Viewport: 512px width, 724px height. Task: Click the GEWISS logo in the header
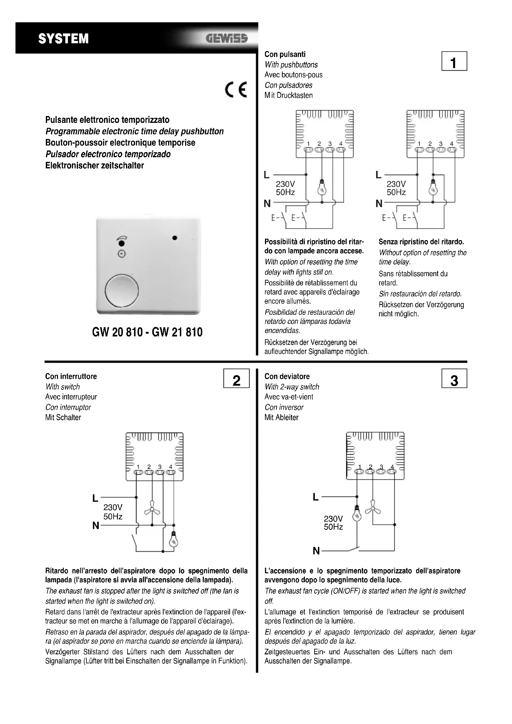(x=227, y=38)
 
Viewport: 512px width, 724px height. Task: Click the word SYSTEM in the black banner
(x=63, y=39)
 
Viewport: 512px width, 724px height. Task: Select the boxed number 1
(x=454, y=62)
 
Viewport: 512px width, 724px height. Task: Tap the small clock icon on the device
(x=121, y=254)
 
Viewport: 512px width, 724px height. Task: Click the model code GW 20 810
(x=117, y=332)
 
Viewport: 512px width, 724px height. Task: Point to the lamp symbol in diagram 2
(x=173, y=540)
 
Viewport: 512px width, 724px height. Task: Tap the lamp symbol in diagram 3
(x=357, y=515)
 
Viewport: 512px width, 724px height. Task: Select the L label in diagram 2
(x=95, y=499)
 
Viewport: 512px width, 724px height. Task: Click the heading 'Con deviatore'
(x=287, y=376)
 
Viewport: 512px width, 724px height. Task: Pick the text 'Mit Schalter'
(x=63, y=418)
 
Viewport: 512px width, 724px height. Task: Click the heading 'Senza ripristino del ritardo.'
(x=421, y=242)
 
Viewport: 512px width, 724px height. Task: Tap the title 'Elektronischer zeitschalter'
(x=95, y=166)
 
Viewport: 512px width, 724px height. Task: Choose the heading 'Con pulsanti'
(x=285, y=54)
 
